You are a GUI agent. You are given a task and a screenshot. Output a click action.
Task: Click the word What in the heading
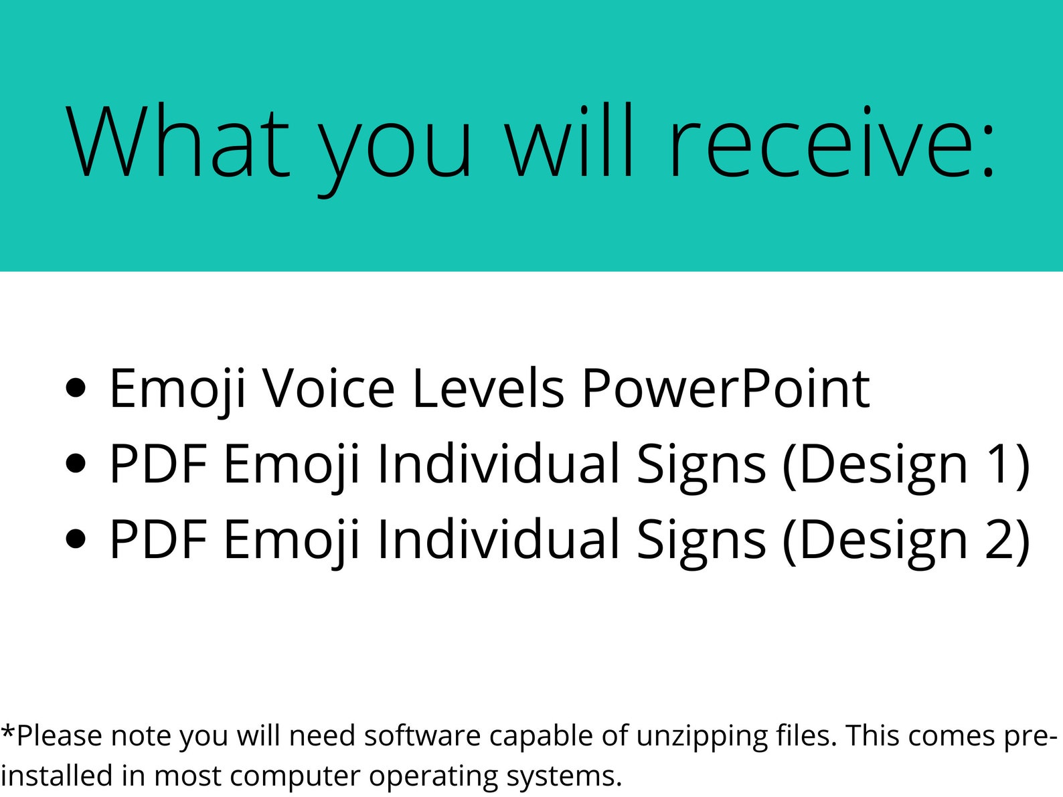pyautogui.click(x=177, y=142)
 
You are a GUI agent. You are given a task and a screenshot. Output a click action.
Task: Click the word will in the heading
pyautogui.click(x=568, y=142)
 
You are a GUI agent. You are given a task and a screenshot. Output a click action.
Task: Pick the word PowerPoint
pyautogui.click(x=725, y=388)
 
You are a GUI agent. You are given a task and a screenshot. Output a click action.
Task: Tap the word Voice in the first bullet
pyautogui.click(x=328, y=388)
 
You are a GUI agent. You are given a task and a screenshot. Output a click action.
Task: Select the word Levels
pyautogui.click(x=488, y=388)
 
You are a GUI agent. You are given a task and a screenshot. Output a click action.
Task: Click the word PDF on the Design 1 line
pyautogui.click(x=158, y=464)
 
